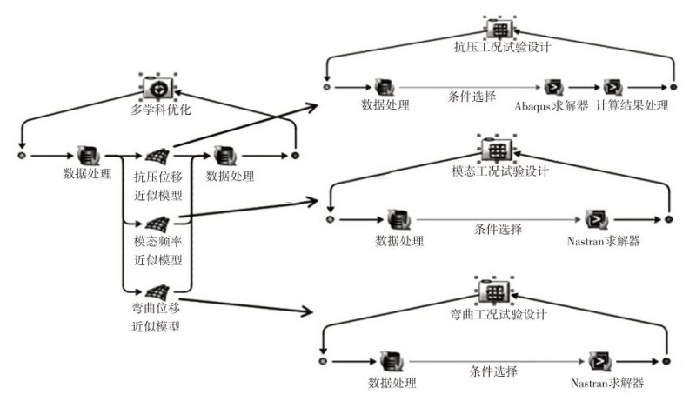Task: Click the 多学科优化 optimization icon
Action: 157,88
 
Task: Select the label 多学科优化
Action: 161,110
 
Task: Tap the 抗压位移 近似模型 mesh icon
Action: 158,156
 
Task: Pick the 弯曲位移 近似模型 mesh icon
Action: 158,292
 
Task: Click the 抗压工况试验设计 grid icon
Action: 500,29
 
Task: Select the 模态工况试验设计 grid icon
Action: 498,150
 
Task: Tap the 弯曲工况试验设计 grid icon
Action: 493,291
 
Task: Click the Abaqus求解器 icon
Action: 554,88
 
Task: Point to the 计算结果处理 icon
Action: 614,88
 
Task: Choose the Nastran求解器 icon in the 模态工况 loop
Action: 596,219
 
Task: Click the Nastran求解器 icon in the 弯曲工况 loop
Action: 600,361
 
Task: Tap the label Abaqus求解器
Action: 552,106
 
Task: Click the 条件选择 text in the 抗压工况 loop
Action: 472,97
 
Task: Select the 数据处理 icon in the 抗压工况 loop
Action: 384,88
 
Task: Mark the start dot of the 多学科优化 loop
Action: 22,156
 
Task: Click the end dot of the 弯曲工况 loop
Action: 666,361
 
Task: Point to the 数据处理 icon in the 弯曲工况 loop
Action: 392,361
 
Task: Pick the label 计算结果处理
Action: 632,105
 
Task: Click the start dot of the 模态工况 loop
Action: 330,219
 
